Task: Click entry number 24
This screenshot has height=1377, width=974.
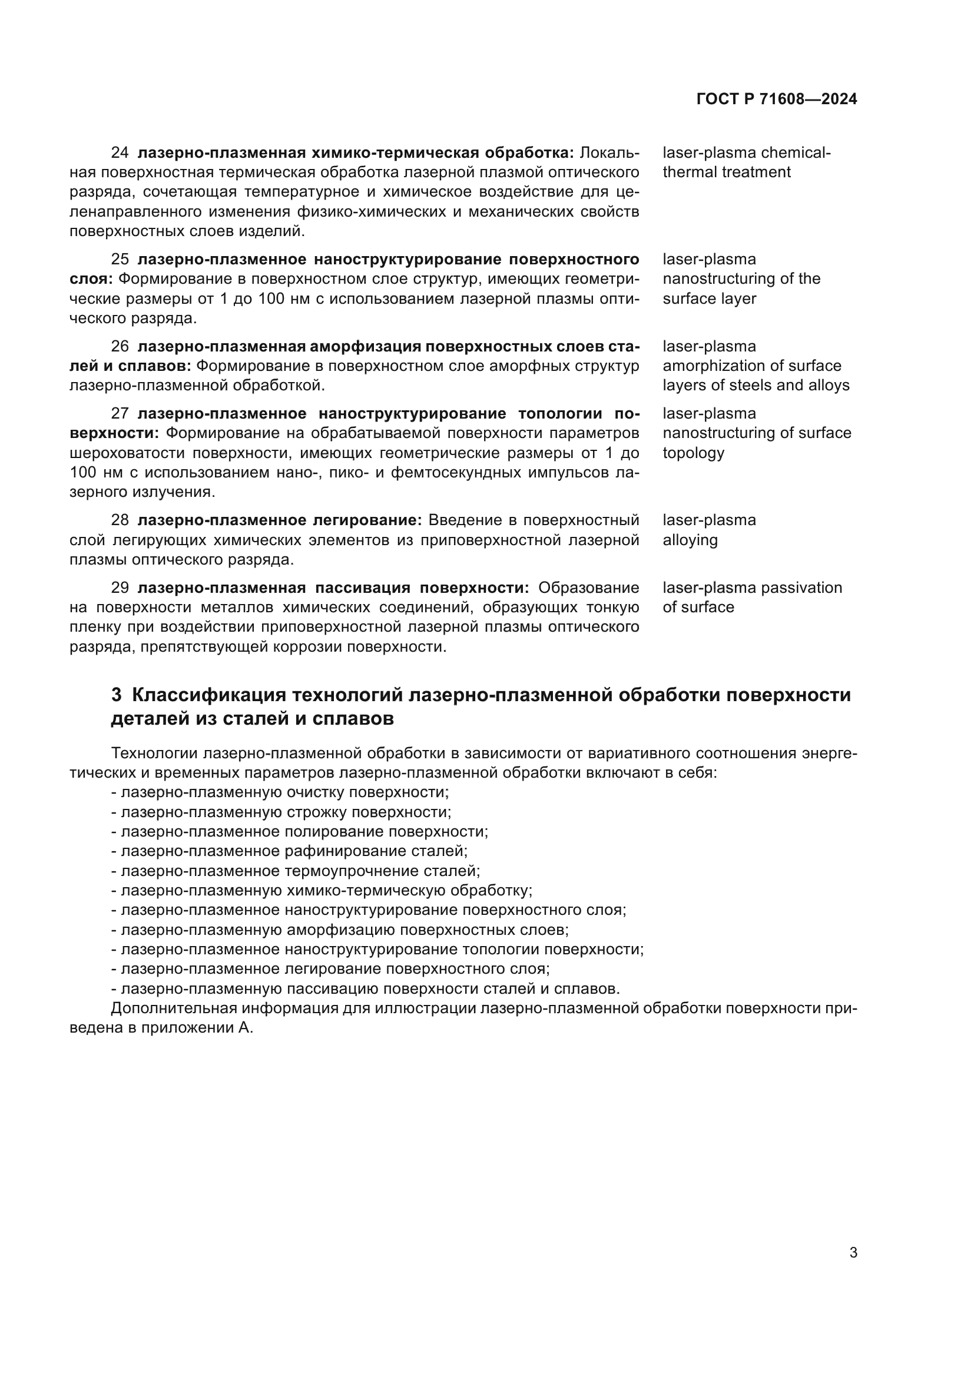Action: click(x=120, y=153)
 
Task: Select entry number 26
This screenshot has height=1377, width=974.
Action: click(x=120, y=347)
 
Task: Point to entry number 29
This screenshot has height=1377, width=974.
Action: click(x=120, y=588)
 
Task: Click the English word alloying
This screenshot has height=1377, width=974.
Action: click(x=690, y=540)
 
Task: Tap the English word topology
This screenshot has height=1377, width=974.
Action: click(x=693, y=453)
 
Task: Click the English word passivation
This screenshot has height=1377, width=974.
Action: click(x=801, y=588)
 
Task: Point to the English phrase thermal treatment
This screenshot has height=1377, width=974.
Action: click(x=726, y=172)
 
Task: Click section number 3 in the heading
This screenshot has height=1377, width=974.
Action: click(x=117, y=695)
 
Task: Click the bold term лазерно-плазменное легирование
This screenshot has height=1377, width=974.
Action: click(x=280, y=520)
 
